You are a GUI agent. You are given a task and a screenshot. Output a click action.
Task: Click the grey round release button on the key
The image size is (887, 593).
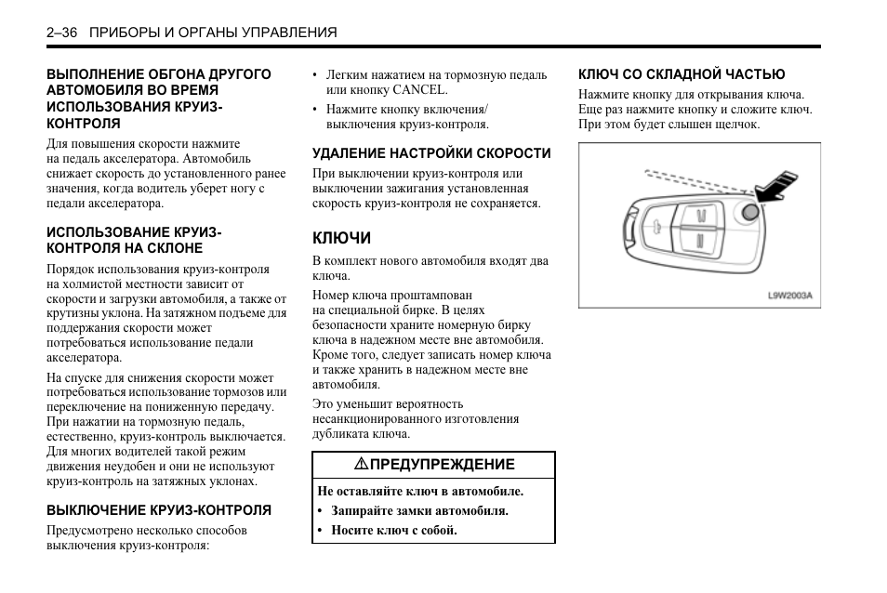click(x=750, y=213)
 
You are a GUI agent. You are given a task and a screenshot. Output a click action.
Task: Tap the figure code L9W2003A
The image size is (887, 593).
click(x=789, y=296)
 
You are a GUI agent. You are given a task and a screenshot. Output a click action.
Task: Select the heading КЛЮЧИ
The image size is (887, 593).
click(x=340, y=238)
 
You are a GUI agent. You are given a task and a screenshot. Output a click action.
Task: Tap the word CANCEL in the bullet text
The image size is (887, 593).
click(x=420, y=90)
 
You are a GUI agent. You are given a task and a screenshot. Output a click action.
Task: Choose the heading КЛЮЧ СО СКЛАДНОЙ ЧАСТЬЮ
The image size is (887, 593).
click(x=682, y=74)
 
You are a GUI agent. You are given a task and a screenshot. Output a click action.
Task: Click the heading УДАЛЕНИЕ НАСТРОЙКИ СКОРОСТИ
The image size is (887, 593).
click(x=431, y=153)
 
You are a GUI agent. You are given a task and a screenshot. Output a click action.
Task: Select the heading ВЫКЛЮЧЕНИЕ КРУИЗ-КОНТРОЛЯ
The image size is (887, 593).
click(x=159, y=509)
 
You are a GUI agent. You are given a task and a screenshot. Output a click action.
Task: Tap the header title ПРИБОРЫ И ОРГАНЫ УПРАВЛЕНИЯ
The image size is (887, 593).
click(x=213, y=33)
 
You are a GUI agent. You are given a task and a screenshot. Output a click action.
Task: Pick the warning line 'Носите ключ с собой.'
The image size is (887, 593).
click(x=394, y=531)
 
